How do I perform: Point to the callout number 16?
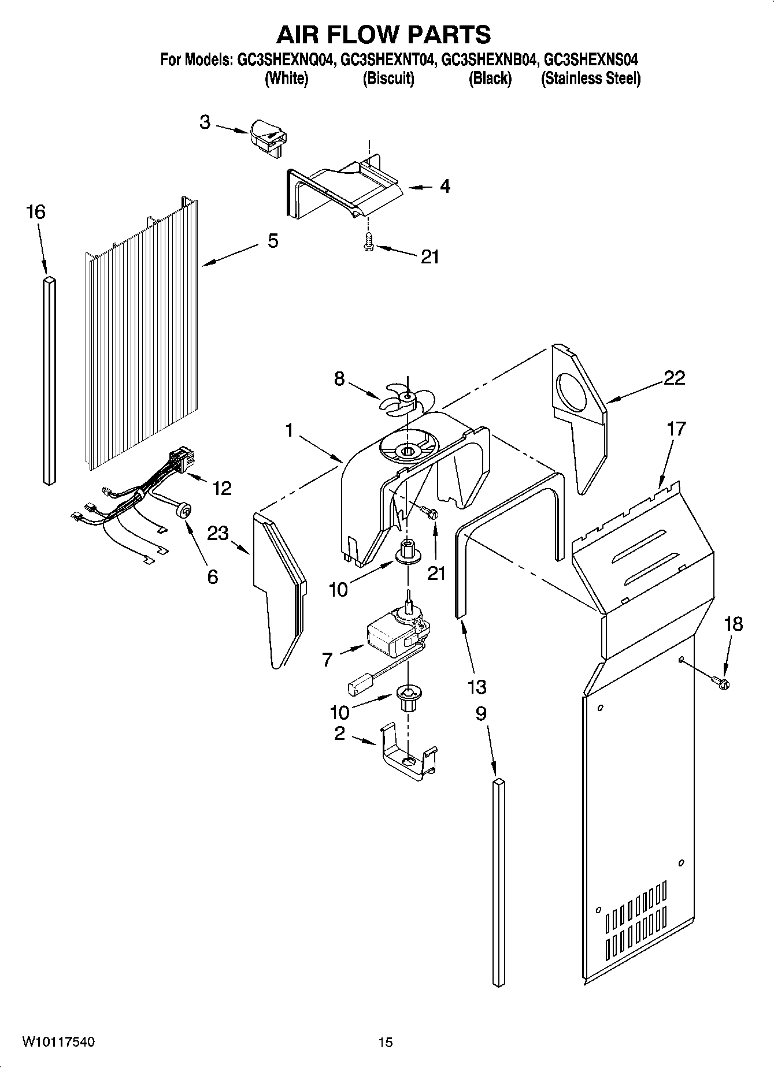(x=36, y=212)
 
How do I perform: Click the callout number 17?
(x=676, y=429)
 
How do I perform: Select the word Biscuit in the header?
(x=388, y=79)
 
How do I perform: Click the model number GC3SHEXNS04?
(x=591, y=59)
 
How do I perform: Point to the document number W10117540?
(x=58, y=1041)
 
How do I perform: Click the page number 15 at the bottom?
(x=386, y=1042)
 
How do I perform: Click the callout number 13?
(x=477, y=687)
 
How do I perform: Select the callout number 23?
(x=218, y=533)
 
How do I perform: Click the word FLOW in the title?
(x=383, y=35)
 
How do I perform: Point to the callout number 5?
(x=272, y=241)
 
